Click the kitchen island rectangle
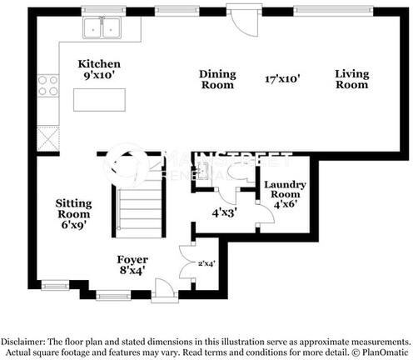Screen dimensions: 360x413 tap(99, 99)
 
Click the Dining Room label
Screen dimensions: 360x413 tap(217, 79)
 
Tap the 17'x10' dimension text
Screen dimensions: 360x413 tap(282, 79)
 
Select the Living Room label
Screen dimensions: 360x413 tap(352, 79)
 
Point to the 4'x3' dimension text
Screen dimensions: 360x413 tap(224, 212)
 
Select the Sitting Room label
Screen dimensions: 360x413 tap(73, 212)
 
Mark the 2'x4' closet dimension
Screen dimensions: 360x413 tap(206, 264)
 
